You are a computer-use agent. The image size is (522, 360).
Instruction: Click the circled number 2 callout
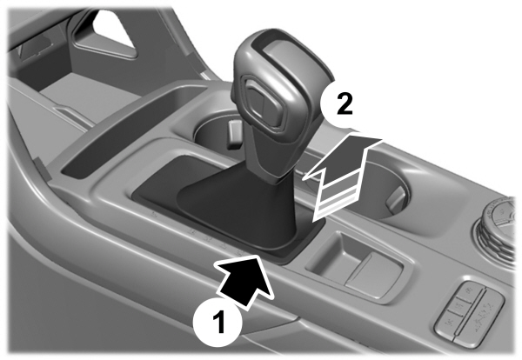344,105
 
